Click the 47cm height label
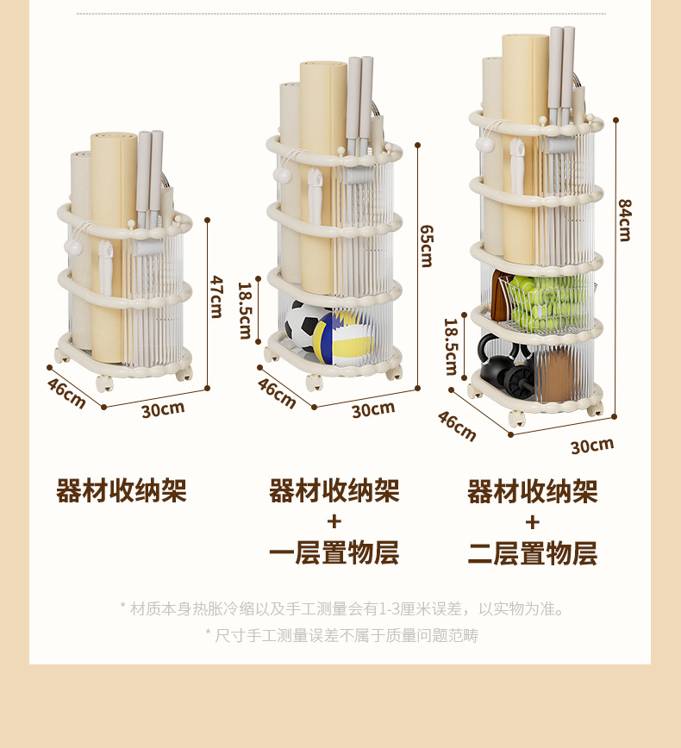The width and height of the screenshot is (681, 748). tap(217, 296)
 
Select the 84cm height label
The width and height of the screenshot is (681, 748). tap(625, 220)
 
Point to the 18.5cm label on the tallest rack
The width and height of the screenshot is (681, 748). tap(451, 346)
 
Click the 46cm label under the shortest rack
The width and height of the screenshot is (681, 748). tap(66, 393)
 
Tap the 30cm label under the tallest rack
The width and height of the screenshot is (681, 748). tap(592, 445)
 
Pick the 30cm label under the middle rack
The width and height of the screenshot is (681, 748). tap(372, 409)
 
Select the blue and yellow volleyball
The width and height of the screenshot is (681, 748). tap(343, 337)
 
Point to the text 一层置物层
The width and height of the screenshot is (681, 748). tap(334, 552)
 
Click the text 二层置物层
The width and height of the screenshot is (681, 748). tap(532, 552)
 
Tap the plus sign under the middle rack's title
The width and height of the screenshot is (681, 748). tap(334, 521)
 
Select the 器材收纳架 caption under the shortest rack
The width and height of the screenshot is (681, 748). tap(122, 490)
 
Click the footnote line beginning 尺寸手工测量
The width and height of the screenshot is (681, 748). tap(341, 635)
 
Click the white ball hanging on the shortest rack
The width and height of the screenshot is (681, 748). tap(73, 247)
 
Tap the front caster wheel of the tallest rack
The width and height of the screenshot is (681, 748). tap(516, 419)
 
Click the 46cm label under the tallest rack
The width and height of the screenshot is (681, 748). tap(457, 425)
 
